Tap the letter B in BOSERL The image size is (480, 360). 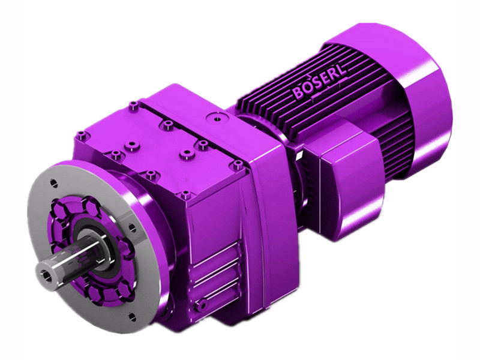298,94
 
